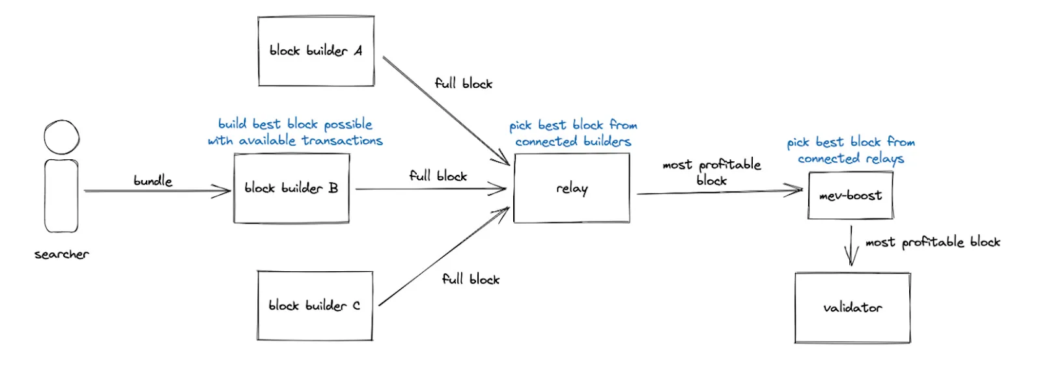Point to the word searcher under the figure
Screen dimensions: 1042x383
(61, 254)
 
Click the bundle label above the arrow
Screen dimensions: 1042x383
(153, 181)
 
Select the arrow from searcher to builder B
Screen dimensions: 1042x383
(157, 191)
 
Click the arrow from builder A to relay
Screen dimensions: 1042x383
(446, 111)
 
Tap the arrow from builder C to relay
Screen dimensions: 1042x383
(444, 256)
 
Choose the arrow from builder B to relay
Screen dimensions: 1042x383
(430, 189)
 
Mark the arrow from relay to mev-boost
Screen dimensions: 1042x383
(720, 191)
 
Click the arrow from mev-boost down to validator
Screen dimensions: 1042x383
(851, 246)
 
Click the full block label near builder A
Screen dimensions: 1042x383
(463, 84)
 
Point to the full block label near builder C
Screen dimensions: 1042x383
(471, 279)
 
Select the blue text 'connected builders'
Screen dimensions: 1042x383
(573, 141)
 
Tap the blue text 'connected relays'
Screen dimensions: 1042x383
(851, 159)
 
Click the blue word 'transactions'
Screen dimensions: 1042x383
(343, 140)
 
